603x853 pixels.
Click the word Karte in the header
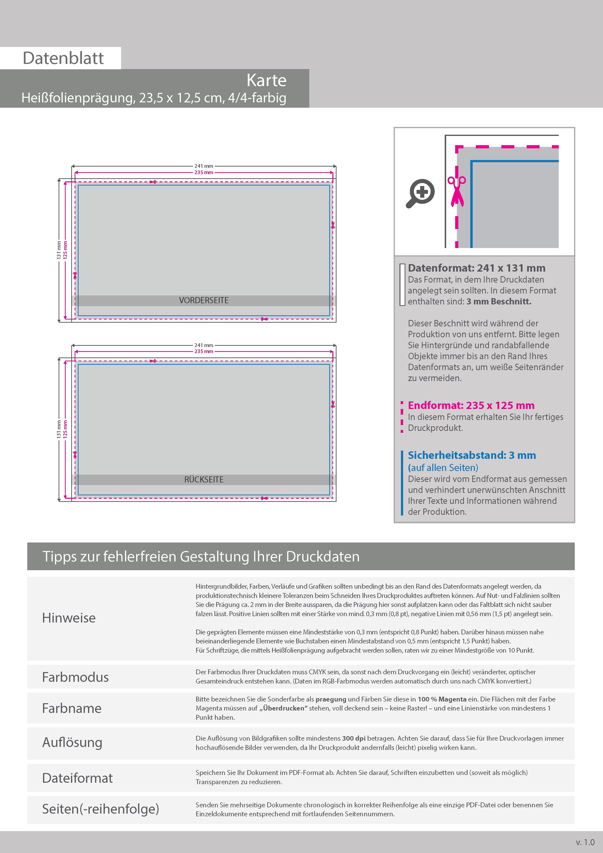click(x=266, y=80)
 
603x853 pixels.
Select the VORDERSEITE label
click(x=204, y=301)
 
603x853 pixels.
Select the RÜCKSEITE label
click(x=204, y=480)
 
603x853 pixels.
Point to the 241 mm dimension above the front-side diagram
click(x=204, y=166)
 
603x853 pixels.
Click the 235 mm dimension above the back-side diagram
click(x=204, y=351)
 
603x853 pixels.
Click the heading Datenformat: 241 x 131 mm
click(x=477, y=268)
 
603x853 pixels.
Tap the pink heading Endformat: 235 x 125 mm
click(x=471, y=405)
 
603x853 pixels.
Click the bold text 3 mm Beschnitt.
click(x=499, y=301)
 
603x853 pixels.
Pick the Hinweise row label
click(x=69, y=618)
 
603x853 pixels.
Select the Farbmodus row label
click(x=75, y=677)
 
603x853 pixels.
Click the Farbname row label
click(x=72, y=708)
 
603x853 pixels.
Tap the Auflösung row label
click(x=72, y=742)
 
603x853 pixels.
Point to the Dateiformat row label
click(x=77, y=778)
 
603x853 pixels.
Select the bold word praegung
click(x=331, y=699)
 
